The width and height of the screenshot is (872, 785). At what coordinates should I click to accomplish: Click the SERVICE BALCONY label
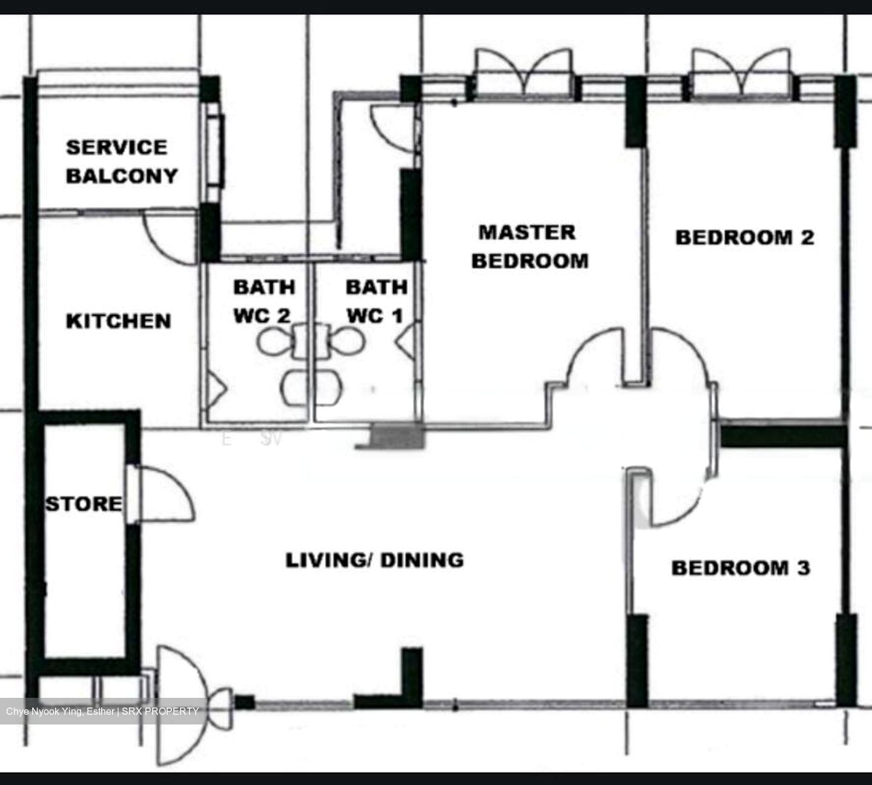[121, 162]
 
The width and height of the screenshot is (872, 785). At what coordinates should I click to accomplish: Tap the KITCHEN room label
[118, 321]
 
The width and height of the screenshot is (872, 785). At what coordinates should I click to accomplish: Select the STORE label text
[84, 504]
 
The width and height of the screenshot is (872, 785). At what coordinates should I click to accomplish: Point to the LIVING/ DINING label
[374, 560]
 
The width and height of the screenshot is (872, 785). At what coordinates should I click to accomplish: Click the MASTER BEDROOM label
[530, 246]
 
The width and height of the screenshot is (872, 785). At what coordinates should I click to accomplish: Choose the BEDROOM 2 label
[744, 237]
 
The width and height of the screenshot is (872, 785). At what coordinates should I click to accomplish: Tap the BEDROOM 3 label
[740, 568]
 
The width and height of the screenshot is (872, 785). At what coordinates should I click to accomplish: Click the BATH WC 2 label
[263, 301]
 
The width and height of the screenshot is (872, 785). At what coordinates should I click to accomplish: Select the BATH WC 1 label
[375, 301]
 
